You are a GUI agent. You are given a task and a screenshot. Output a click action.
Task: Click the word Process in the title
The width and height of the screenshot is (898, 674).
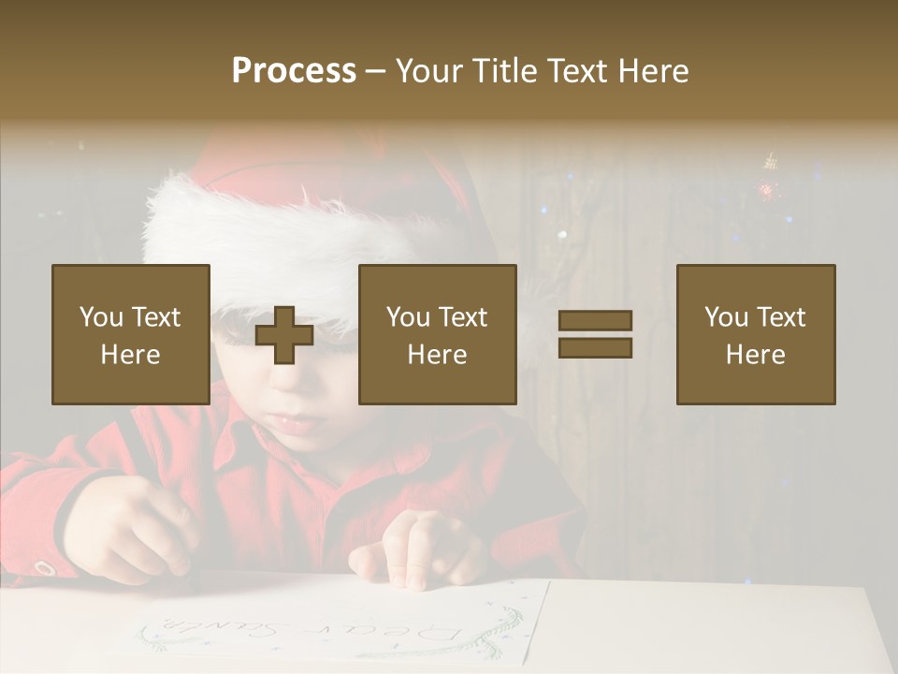[294, 71]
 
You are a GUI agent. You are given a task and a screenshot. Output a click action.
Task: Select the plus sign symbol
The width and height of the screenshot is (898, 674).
[283, 334]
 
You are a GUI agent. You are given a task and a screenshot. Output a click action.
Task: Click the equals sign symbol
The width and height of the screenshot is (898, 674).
[595, 334]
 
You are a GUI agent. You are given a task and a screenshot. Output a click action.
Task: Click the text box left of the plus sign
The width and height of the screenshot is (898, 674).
[131, 334]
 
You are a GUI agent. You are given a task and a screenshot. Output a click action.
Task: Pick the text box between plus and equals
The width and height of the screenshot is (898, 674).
[437, 334]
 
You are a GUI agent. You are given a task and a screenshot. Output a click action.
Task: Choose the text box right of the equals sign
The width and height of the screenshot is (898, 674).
[755, 334]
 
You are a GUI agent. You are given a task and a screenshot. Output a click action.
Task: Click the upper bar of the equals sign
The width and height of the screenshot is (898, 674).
[595, 321]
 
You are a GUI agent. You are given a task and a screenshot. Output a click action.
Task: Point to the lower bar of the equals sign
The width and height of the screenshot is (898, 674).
[595, 347]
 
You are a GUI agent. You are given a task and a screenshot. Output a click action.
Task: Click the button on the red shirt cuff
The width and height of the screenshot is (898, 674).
[42, 567]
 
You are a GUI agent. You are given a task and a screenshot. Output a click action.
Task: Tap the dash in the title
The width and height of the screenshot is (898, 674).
[375, 71]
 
